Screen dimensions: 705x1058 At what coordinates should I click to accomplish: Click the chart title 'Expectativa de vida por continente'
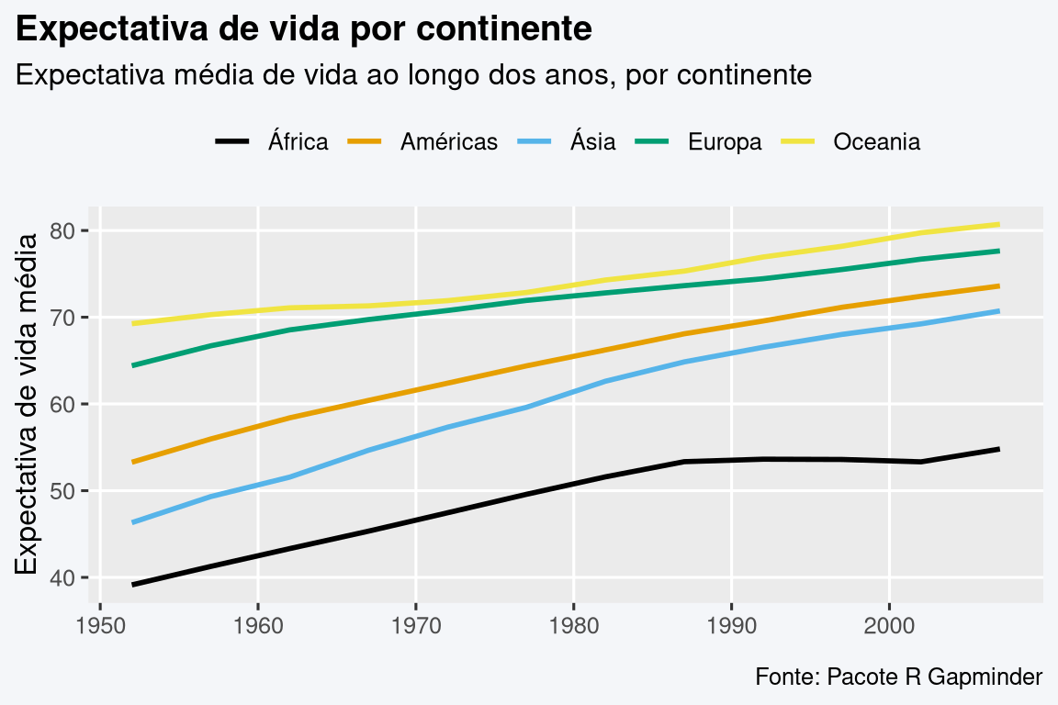point(304,30)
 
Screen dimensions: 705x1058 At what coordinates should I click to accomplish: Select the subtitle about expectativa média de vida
point(413,74)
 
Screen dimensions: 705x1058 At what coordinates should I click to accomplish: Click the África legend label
point(298,142)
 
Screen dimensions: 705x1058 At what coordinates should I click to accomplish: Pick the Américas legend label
point(449,142)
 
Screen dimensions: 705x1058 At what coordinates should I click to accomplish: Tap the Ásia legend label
point(592,142)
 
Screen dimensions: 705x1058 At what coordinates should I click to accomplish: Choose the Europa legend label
point(725,142)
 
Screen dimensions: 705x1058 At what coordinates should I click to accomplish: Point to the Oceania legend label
point(876,142)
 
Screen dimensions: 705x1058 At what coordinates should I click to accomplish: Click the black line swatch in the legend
point(232,141)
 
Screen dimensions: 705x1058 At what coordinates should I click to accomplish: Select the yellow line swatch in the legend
point(798,141)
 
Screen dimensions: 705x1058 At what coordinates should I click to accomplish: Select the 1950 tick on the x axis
point(100,623)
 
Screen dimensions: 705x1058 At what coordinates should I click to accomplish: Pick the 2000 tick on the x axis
point(889,623)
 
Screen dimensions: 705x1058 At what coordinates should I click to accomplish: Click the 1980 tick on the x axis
point(573,623)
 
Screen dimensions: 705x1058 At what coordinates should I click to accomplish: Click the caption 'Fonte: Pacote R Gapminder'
point(898,677)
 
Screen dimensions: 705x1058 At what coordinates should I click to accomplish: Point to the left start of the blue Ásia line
point(133,522)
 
